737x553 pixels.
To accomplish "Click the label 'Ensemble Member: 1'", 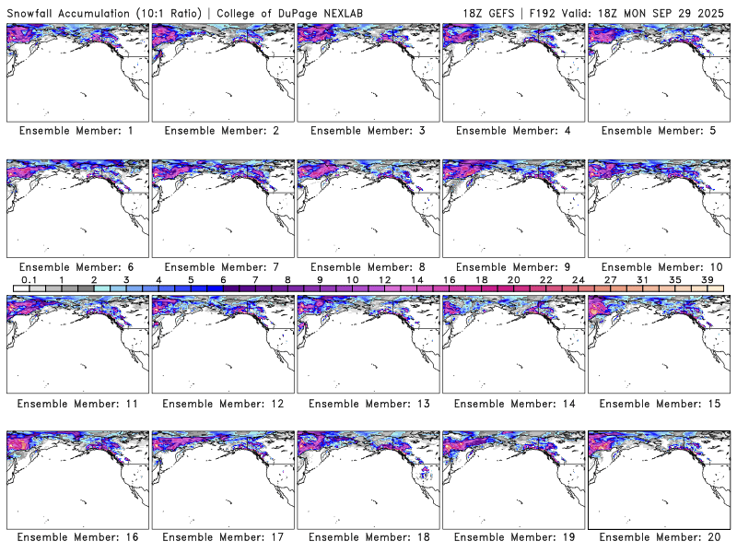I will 76,131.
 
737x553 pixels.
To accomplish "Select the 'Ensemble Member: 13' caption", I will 368,403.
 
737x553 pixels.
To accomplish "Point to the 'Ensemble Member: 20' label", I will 659,537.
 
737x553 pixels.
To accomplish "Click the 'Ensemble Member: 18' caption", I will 368,537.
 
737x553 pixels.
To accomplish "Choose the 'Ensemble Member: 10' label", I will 659,266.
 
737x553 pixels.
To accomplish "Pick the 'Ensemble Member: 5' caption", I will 659,131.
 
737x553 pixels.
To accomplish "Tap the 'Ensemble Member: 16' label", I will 76,537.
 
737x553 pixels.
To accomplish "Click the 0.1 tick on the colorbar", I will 29,279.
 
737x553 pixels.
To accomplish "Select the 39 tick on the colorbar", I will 708,279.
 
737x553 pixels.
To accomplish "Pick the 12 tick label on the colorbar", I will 385,279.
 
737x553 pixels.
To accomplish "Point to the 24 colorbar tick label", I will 579,279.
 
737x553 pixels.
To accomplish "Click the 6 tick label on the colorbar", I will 223,279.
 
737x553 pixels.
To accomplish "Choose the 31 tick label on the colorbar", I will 643,279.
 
